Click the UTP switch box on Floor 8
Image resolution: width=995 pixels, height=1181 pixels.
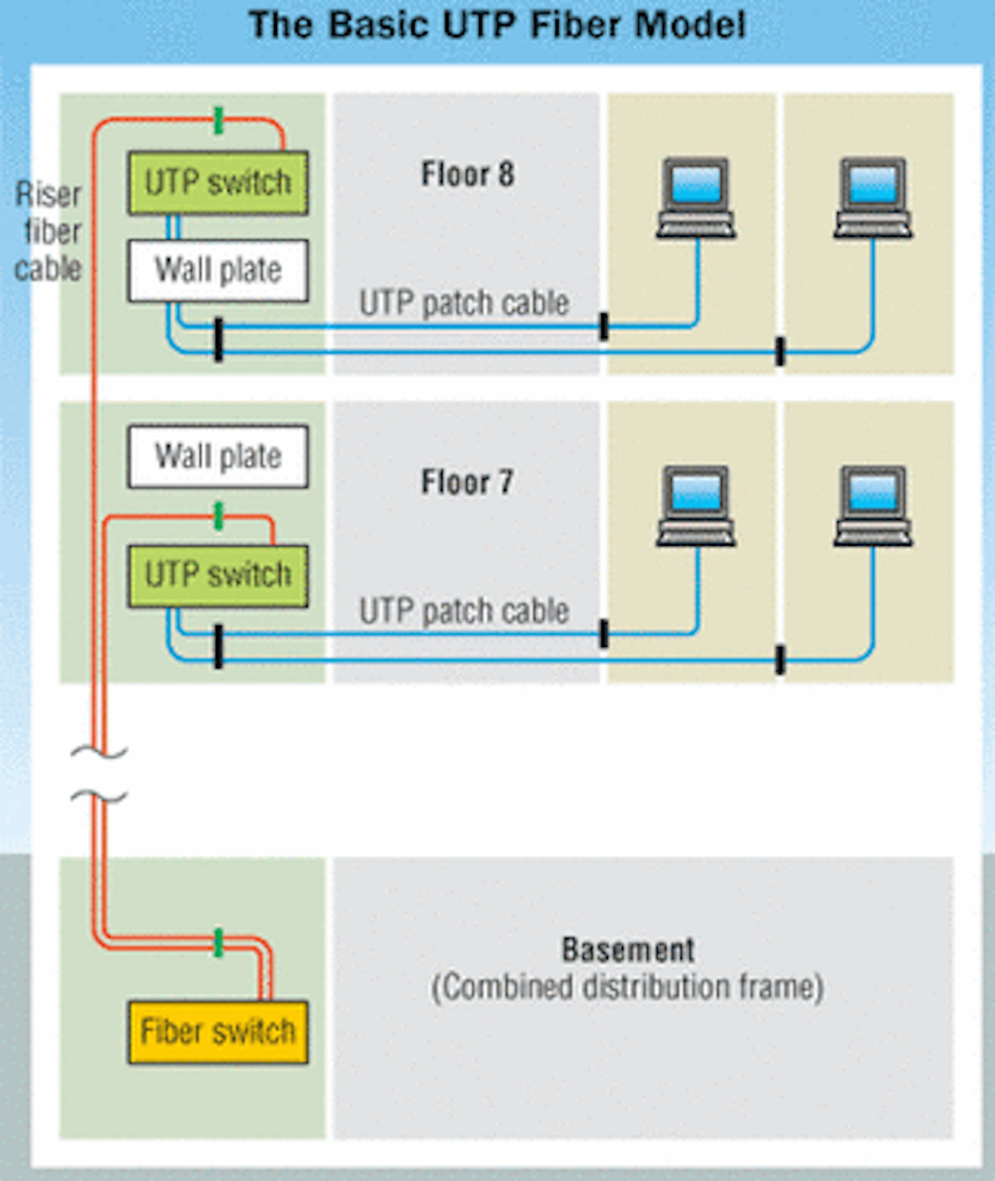pyautogui.click(x=218, y=183)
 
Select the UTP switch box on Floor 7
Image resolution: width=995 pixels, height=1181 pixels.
pyautogui.click(x=218, y=575)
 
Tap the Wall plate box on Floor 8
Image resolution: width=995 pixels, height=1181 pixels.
pyautogui.click(x=218, y=270)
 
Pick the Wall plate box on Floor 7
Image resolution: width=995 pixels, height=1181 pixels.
pyautogui.click(x=218, y=457)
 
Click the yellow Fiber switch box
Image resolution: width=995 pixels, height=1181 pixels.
pyautogui.click(x=218, y=1032)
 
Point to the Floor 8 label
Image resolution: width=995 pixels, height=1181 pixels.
pyautogui.click(x=468, y=174)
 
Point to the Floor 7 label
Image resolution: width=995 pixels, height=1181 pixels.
pyautogui.click(x=468, y=482)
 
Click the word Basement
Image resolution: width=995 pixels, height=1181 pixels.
pyautogui.click(x=627, y=950)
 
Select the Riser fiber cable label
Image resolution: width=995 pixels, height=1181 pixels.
pyautogui.click(x=48, y=231)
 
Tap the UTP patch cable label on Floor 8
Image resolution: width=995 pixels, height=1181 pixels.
pyautogui.click(x=464, y=303)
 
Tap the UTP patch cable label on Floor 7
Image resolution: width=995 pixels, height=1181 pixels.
pyautogui.click(x=464, y=611)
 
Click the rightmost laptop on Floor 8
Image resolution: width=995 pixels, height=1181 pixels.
pyautogui.click(x=873, y=198)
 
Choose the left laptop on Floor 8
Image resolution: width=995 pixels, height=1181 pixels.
pyautogui.click(x=695, y=198)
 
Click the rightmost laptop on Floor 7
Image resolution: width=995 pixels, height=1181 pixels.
pyautogui.click(x=873, y=506)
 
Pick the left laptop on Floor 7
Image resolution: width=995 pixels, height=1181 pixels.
pyautogui.click(x=695, y=506)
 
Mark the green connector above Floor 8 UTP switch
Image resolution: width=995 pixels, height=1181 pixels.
pyautogui.click(x=218, y=120)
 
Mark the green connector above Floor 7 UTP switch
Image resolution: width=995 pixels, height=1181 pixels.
pyautogui.click(x=218, y=516)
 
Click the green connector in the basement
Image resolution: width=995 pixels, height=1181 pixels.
pyautogui.click(x=218, y=943)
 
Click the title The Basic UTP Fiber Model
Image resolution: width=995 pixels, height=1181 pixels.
pyautogui.click(x=497, y=25)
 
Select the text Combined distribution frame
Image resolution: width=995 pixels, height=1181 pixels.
pyautogui.click(x=627, y=987)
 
